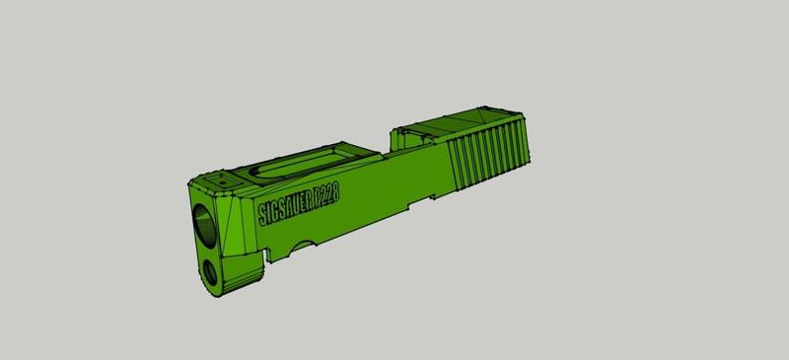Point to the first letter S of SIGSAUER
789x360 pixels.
tap(261, 212)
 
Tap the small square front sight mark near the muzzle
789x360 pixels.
tap(223, 181)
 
